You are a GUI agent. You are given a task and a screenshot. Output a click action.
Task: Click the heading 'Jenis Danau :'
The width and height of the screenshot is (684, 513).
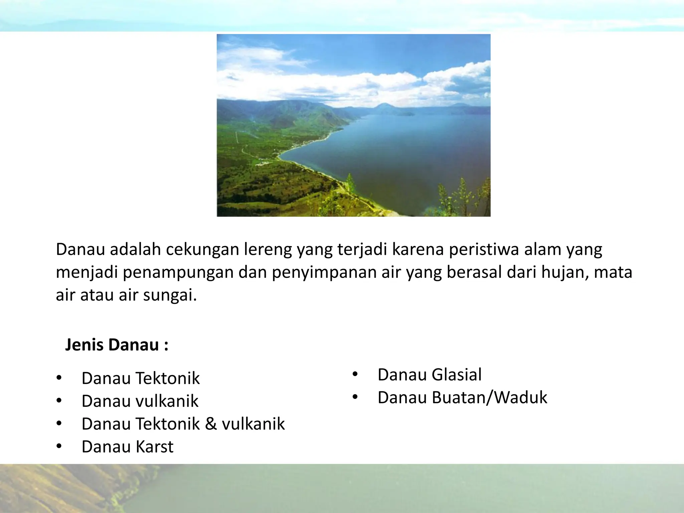(x=117, y=345)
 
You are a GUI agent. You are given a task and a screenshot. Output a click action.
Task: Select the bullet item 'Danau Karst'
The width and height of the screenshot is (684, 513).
(x=127, y=447)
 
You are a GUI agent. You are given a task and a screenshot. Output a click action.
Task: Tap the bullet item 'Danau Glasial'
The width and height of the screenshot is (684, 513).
(x=430, y=374)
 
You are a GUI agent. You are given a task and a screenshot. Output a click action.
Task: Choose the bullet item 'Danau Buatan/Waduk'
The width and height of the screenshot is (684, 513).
(x=462, y=397)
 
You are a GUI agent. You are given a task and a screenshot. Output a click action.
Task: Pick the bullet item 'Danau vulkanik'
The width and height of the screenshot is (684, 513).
(x=140, y=401)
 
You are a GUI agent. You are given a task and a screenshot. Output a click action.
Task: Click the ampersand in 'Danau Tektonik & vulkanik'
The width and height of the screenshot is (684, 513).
(x=211, y=423)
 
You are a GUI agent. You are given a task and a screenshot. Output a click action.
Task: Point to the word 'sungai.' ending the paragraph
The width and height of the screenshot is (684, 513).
(x=170, y=295)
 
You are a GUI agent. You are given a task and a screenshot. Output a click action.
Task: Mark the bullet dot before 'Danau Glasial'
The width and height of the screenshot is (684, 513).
(x=355, y=374)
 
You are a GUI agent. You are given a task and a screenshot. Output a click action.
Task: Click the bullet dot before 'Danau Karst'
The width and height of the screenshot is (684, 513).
(x=59, y=447)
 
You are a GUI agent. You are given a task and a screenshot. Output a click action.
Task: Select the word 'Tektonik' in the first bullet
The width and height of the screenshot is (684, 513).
(x=168, y=378)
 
